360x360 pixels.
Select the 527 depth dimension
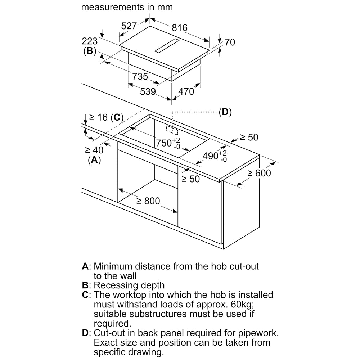[129, 26]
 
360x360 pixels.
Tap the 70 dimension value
[230, 42]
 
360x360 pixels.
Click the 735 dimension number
[140, 76]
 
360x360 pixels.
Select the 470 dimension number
[186, 92]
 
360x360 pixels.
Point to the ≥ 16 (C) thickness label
[106, 117]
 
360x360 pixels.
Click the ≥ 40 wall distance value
[94, 150]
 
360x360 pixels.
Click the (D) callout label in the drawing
[225, 112]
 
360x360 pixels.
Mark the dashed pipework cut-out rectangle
[172, 130]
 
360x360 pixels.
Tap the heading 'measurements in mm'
[127, 7]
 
